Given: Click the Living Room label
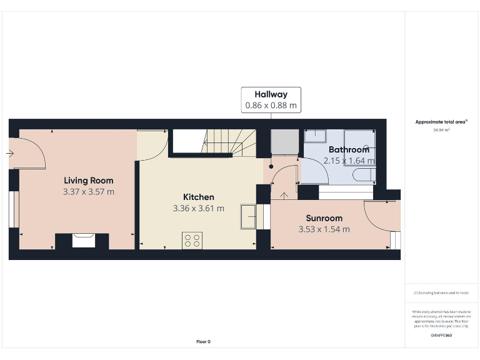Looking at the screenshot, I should click(x=89, y=181).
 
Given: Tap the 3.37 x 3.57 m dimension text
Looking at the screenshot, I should click(x=89, y=192).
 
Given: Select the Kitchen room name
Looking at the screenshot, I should click(x=198, y=197).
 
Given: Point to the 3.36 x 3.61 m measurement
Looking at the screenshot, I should click(x=198, y=208).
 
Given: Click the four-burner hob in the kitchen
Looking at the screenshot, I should click(x=192, y=240).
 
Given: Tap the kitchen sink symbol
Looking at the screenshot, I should click(x=247, y=217).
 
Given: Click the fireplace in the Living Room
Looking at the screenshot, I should click(x=82, y=240).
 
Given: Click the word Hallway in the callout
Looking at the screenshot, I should click(x=271, y=94).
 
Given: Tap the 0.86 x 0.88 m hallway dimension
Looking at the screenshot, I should click(x=271, y=106).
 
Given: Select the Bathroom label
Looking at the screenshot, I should click(x=349, y=150).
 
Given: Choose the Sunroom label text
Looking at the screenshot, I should click(x=324, y=218).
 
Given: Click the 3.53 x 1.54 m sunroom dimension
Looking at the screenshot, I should click(x=324, y=229).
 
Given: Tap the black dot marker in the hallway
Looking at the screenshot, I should click(x=271, y=167).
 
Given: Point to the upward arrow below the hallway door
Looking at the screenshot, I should click(x=286, y=196).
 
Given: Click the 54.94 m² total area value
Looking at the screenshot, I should click(x=442, y=131).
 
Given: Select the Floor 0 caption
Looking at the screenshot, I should click(x=203, y=341).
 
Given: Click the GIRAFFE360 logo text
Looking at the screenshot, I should click(x=441, y=336).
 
